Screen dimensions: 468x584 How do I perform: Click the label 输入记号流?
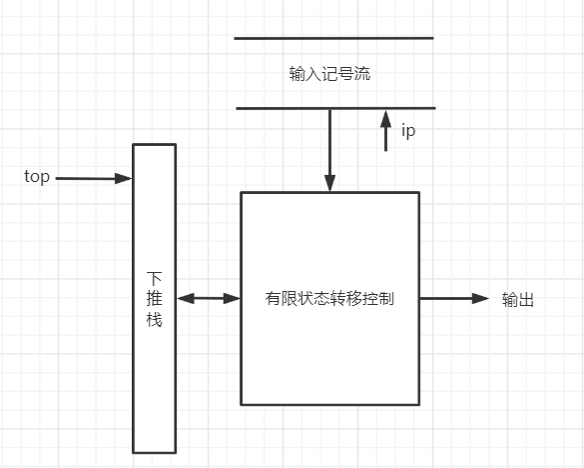[330, 74]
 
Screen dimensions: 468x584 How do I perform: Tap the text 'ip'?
[407, 131]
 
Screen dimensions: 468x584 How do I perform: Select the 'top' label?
[37, 177]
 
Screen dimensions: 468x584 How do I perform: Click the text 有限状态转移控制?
[329, 298]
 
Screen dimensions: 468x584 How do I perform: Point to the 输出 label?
[517, 299]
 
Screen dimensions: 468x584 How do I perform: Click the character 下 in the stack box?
[154, 277]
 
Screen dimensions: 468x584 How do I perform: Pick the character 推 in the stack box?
[154, 299]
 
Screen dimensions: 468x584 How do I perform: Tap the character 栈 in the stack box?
[154, 321]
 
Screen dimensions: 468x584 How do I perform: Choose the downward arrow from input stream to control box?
[329, 150]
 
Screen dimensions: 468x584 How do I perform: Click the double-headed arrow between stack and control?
[209, 298]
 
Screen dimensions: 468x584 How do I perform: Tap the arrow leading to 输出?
[454, 298]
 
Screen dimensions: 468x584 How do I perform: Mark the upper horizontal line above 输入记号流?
[333, 38]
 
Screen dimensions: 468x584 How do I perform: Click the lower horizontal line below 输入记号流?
[335, 107]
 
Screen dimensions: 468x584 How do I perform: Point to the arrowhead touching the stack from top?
[126, 179]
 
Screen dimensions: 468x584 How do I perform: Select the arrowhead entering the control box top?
[329, 185]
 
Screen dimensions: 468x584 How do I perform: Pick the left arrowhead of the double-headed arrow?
[183, 298]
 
